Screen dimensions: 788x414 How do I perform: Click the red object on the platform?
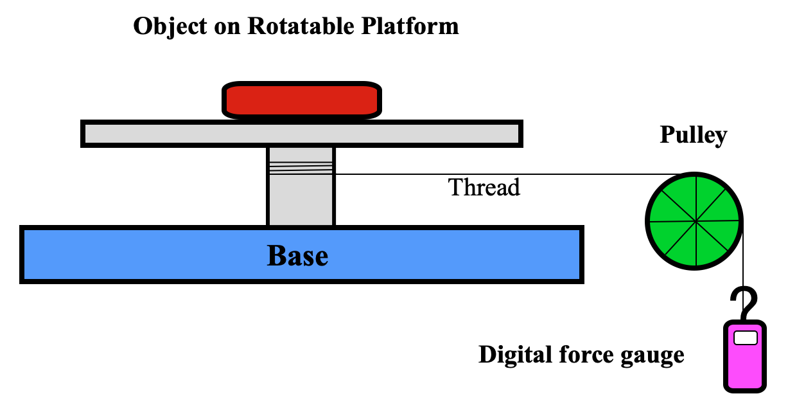click(302, 100)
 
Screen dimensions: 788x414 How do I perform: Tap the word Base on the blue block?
click(297, 256)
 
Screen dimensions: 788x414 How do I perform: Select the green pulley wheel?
click(694, 221)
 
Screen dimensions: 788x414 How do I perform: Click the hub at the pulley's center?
click(696, 221)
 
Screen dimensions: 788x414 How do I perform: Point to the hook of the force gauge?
click(745, 303)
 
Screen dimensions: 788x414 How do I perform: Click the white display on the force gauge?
click(746, 338)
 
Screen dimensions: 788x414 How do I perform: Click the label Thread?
click(484, 187)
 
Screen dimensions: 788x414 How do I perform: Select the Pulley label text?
click(694, 135)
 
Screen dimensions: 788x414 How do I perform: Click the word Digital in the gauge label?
click(515, 355)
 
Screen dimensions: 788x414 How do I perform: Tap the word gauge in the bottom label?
click(652, 356)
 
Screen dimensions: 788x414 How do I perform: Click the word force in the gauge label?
click(586, 354)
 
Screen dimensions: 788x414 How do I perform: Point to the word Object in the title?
click(170, 27)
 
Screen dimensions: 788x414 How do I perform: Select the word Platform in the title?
click(410, 26)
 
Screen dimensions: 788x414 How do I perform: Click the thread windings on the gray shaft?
click(301, 168)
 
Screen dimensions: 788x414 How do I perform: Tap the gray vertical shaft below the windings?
click(301, 200)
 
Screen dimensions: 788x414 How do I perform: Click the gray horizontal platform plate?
click(302, 134)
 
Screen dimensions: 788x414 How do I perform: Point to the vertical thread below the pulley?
click(743, 267)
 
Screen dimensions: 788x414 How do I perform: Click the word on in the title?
click(227, 28)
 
